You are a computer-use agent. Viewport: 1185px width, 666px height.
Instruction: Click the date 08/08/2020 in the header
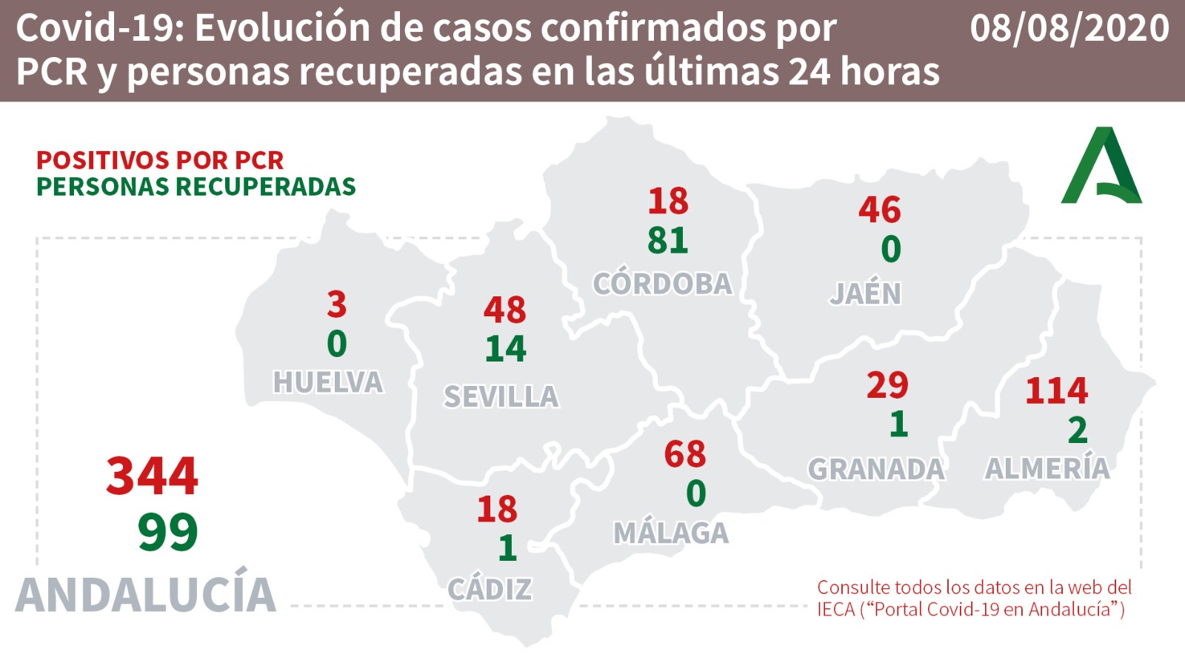[x=1069, y=28]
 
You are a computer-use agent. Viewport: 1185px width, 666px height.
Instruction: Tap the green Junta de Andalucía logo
[x=1102, y=167]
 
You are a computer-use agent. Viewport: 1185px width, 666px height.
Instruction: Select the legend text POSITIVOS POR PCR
[x=160, y=160]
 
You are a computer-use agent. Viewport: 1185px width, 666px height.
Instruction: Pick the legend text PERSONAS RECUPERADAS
[x=196, y=187]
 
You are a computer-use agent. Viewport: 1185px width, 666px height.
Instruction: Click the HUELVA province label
[x=328, y=382]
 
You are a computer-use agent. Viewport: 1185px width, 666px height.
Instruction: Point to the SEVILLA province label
[x=501, y=397]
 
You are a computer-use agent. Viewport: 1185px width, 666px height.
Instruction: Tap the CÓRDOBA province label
[x=662, y=284]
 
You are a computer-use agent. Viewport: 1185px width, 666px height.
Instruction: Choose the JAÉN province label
[x=865, y=294]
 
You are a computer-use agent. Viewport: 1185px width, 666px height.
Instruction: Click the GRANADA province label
[x=876, y=469]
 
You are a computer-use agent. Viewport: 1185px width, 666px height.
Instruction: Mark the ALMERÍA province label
[x=1047, y=468]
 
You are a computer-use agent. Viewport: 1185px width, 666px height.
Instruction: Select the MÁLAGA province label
[x=671, y=533]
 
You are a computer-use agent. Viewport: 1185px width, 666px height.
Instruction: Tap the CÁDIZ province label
[x=490, y=590]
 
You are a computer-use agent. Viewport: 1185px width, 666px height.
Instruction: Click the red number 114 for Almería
[x=1057, y=390]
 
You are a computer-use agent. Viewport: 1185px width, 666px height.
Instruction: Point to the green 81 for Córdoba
[x=668, y=241]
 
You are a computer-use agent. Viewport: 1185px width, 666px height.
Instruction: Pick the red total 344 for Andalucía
[x=153, y=476]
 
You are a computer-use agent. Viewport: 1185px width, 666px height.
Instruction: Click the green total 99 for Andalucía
[x=168, y=532]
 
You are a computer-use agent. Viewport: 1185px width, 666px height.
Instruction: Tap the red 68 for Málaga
[x=685, y=454]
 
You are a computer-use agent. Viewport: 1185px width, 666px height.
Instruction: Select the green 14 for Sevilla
[x=506, y=349]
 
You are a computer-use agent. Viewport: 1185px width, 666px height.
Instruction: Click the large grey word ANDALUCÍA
[x=146, y=594]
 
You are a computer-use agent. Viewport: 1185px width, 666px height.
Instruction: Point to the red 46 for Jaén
[x=880, y=210]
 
